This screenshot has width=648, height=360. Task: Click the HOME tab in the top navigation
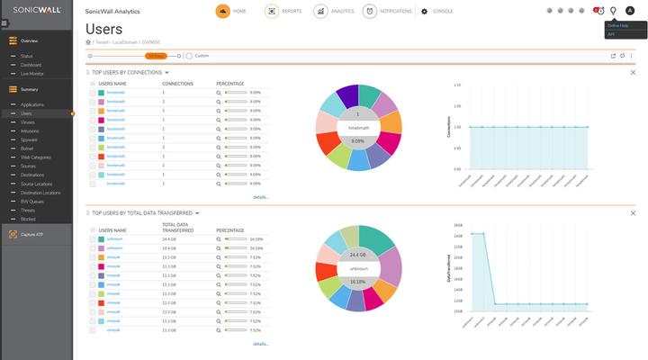(232, 12)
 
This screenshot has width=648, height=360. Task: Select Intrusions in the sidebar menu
(31, 130)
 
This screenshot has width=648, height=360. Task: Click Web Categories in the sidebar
(36, 157)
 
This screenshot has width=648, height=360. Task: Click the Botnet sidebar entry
(27, 148)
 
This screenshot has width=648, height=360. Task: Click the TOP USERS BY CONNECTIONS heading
(126, 72)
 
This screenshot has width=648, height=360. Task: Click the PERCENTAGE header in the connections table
(230, 83)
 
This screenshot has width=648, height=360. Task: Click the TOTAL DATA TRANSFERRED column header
(176, 227)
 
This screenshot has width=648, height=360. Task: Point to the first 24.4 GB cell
(168, 239)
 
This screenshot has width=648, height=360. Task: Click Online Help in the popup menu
(616, 25)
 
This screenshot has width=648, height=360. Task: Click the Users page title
(103, 29)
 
